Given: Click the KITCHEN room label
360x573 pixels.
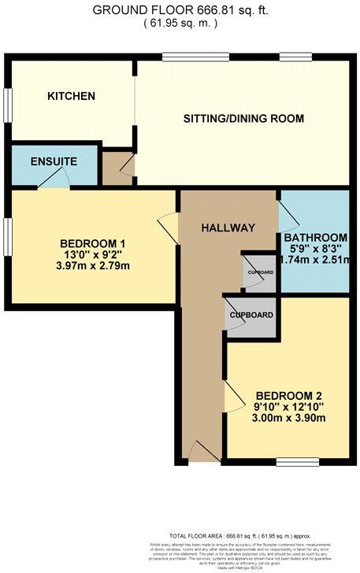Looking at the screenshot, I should click(x=71, y=96).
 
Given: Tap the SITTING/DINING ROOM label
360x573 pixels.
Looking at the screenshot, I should click(x=243, y=119).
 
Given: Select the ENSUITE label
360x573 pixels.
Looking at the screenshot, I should click(x=54, y=161).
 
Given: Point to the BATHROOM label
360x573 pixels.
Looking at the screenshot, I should click(x=315, y=238).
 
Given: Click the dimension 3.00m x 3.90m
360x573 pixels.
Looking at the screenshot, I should click(x=287, y=420).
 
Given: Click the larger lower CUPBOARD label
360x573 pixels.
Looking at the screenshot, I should click(x=252, y=315).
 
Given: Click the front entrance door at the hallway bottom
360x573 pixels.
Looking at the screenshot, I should click(x=200, y=452).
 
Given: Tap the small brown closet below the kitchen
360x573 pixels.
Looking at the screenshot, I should click(x=118, y=167).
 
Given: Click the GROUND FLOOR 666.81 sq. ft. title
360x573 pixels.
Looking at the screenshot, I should click(x=180, y=10).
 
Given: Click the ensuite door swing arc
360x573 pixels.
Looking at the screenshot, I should click(x=54, y=183).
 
